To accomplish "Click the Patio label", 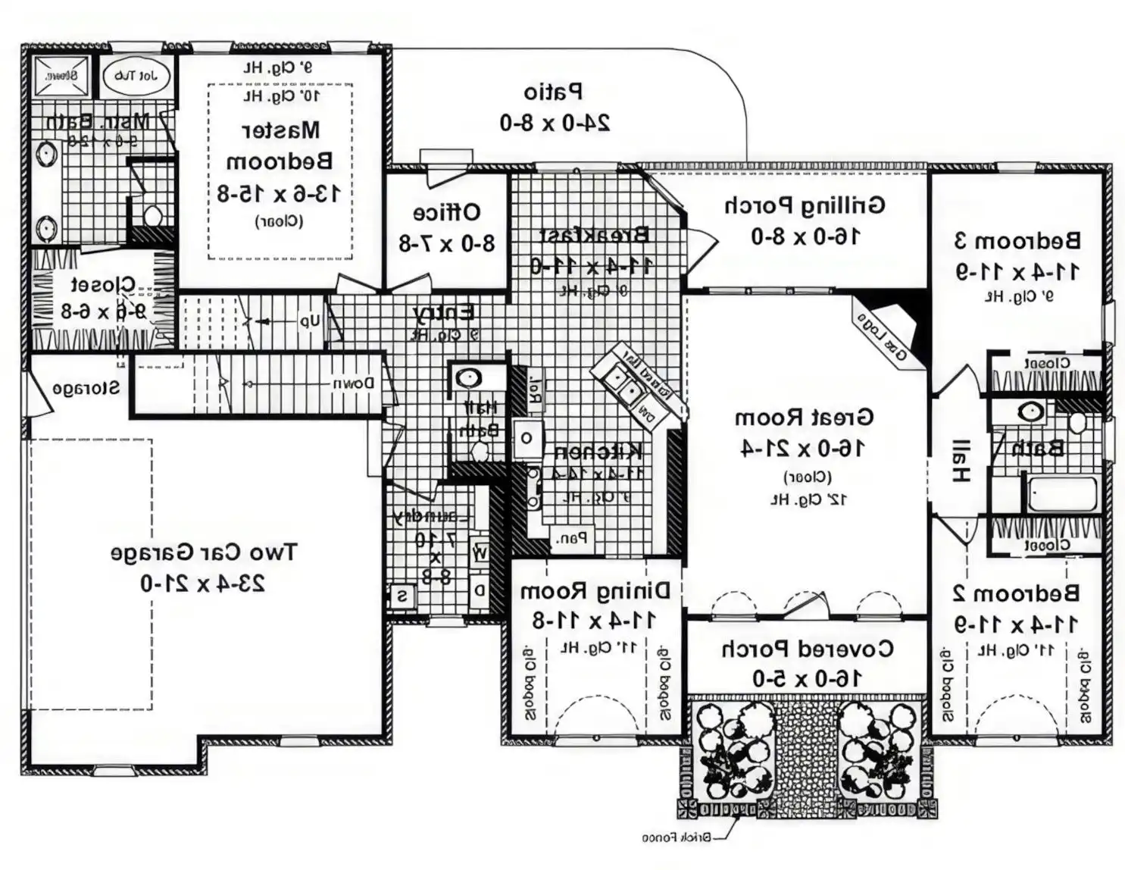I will pyautogui.click(x=554, y=92).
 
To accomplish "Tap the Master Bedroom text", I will pyautogui.click(x=280, y=146).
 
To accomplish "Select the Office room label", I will pyautogui.click(x=446, y=212).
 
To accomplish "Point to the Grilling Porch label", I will pyautogui.click(x=805, y=205).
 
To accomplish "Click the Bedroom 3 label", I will pyautogui.click(x=1017, y=241).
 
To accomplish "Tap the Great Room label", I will pyautogui.click(x=804, y=418).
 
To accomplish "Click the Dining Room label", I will pyautogui.click(x=595, y=590).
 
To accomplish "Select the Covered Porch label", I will pyautogui.click(x=807, y=649).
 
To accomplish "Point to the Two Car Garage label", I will pyautogui.click(x=204, y=552).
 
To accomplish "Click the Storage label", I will pyautogui.click(x=86, y=388).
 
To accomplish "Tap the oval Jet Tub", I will pyautogui.click(x=136, y=76).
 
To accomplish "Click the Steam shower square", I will pyautogui.click(x=61, y=76).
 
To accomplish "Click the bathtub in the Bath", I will pyautogui.click(x=1062, y=494).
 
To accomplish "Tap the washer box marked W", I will pyautogui.click(x=480, y=552).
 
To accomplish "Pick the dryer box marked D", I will pyautogui.click(x=480, y=590).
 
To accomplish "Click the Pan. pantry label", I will pyautogui.click(x=571, y=539).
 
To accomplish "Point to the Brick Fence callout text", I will pyautogui.click(x=676, y=837).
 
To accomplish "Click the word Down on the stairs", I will pyautogui.click(x=353, y=383).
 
